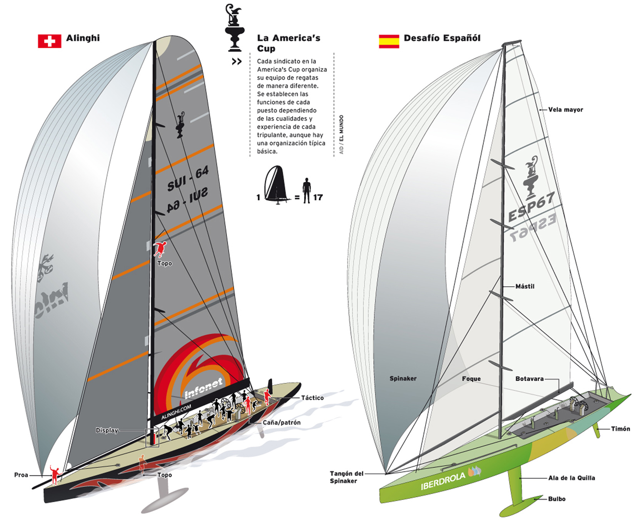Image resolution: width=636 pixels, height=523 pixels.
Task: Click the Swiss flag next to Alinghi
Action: pyautogui.click(x=49, y=41)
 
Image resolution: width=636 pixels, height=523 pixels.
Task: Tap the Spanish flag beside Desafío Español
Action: pyautogui.click(x=389, y=41)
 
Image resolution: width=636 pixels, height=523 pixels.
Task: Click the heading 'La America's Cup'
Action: pyautogui.click(x=288, y=43)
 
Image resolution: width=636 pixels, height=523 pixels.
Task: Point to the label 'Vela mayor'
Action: pyautogui.click(x=565, y=110)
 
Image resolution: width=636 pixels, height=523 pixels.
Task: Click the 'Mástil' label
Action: pyautogui.click(x=525, y=286)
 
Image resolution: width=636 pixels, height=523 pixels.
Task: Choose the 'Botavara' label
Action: pyautogui.click(x=529, y=379)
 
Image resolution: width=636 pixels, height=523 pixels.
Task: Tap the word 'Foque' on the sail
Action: pyautogui.click(x=471, y=379)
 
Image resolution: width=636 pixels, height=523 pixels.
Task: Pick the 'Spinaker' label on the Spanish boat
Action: pyautogui.click(x=403, y=378)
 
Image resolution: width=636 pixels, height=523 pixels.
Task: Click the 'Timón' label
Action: pyautogui.click(x=621, y=429)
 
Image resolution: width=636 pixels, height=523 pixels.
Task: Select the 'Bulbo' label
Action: pyautogui.click(x=557, y=499)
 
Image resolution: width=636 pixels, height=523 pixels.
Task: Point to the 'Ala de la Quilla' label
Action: pyautogui.click(x=572, y=478)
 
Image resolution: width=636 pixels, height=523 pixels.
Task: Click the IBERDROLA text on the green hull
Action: pyautogui.click(x=443, y=481)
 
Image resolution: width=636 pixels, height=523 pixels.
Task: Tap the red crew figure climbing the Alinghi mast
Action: pyautogui.click(x=160, y=249)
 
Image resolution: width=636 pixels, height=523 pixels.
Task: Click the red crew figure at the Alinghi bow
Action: pyautogui.click(x=55, y=475)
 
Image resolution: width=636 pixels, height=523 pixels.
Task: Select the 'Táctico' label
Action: pyautogui.click(x=312, y=398)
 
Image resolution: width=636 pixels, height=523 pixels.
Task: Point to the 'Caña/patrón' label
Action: pyautogui.click(x=281, y=423)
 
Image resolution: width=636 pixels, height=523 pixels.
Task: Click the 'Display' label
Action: pyautogui.click(x=107, y=430)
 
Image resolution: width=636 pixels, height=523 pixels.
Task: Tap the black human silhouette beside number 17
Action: pyautogui.click(x=306, y=190)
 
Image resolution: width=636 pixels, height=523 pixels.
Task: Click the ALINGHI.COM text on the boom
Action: pyautogui.click(x=176, y=412)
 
